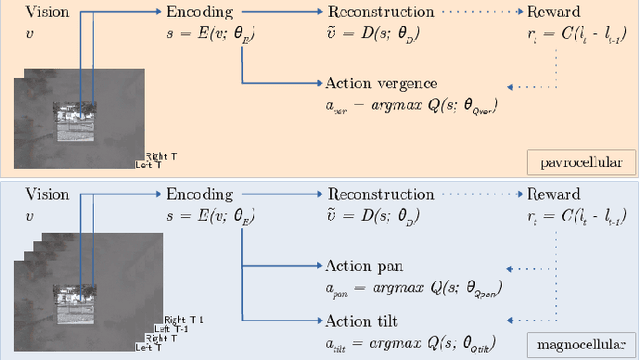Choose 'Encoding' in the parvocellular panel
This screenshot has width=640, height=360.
tap(198, 13)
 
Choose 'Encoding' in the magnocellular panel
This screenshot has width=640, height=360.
tap(198, 196)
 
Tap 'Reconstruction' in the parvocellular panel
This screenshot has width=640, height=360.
tap(380, 13)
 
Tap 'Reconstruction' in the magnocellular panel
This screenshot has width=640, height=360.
tap(380, 196)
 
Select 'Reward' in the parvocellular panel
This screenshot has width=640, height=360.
tap(553, 13)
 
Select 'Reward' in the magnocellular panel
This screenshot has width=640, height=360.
tap(553, 196)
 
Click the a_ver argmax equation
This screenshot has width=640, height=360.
tap(412, 103)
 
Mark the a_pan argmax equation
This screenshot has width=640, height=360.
tap(414, 287)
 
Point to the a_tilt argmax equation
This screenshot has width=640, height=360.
tap(414, 341)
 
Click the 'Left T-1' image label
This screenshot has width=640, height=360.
tap(162, 328)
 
